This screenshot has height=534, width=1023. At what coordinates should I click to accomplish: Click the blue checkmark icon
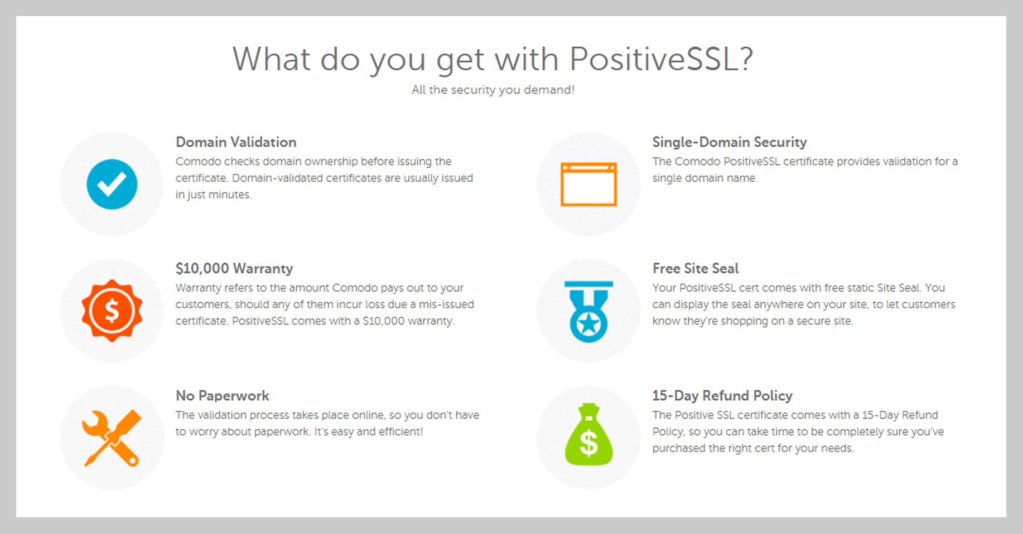click(x=112, y=185)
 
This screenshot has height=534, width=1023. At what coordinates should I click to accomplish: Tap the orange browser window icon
click(x=588, y=185)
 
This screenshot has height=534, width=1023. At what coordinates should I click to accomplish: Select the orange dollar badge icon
click(x=112, y=310)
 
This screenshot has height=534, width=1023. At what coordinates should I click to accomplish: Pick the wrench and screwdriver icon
click(x=112, y=438)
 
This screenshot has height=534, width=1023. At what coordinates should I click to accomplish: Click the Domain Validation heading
click(x=236, y=142)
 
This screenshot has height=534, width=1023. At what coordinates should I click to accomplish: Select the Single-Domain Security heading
click(x=730, y=142)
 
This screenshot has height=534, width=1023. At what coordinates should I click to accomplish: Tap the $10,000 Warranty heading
click(x=234, y=269)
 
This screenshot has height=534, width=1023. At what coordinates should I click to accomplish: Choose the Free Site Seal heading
click(x=696, y=269)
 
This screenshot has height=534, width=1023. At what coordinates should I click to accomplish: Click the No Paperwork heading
click(x=223, y=396)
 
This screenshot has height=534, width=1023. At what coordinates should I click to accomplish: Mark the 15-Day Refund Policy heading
click(x=722, y=396)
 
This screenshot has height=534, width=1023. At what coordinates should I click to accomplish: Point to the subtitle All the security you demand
click(x=493, y=90)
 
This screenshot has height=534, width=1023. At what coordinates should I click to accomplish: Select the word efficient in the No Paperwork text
click(x=400, y=431)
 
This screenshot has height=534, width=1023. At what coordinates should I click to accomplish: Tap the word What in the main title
click(x=272, y=59)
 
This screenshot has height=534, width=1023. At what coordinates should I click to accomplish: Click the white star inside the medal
click(x=588, y=326)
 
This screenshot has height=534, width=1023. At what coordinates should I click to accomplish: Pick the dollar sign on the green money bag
click(x=588, y=444)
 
